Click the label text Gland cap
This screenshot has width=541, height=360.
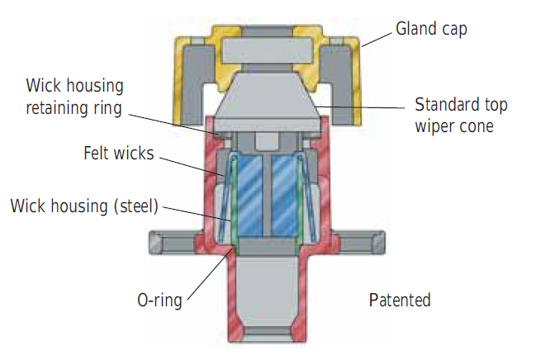pyautogui.click(x=432, y=29)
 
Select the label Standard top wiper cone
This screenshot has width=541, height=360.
pyautogui.click(x=461, y=116)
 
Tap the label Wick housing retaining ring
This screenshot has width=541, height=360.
pyautogui.click(x=75, y=96)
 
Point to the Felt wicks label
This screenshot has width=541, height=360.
pyautogui.click(x=119, y=154)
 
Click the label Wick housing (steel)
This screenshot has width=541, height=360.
pyautogui.click(x=84, y=205)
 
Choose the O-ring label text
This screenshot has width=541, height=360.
pyautogui.click(x=159, y=299)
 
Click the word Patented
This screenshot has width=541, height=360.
pyautogui.click(x=399, y=299)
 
